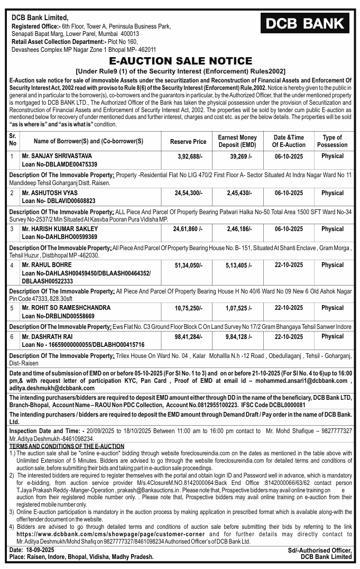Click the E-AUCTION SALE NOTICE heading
[x=180, y=60]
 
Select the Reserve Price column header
[x=188, y=142]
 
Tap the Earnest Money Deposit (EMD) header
[x=237, y=141]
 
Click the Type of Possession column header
[x=332, y=141]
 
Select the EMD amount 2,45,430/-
[x=237, y=194]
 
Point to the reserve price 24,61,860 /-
[x=188, y=230]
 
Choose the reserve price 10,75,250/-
[x=188, y=308]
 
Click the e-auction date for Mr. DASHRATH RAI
[x=289, y=337]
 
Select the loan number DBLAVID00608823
[x=67, y=201]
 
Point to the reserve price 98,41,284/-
[x=188, y=337]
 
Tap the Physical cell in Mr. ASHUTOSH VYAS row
[x=332, y=193]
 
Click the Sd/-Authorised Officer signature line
[x=319, y=550]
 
